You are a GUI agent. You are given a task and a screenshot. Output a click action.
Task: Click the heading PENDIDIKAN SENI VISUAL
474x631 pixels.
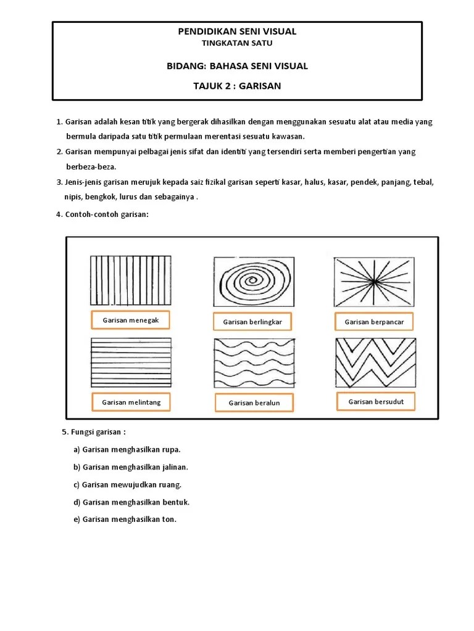coord(237,31)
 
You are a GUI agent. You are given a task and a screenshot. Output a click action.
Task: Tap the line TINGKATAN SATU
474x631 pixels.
coord(237,43)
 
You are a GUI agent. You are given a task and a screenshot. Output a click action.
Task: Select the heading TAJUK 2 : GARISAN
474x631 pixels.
coord(237,86)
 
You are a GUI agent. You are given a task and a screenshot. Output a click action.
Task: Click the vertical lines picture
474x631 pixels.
coord(131,280)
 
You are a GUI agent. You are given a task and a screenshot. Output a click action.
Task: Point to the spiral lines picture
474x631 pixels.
coord(253,281)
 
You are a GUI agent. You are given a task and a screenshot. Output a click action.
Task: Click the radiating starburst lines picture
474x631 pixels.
coord(375,281)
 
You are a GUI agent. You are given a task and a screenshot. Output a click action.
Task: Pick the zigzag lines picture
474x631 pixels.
coord(375,362)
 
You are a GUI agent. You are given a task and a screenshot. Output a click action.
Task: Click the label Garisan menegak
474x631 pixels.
coord(131,320)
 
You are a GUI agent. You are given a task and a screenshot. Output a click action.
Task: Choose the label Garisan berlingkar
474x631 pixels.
coord(252,322)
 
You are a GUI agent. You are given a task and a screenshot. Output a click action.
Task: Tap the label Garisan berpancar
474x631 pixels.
coord(374,322)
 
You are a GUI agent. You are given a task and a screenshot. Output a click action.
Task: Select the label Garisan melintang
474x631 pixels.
coord(131,402)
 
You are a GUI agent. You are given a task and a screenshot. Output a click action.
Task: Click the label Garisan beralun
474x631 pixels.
coord(254,403)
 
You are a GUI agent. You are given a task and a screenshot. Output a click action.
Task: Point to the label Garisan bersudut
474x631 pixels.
coord(376,402)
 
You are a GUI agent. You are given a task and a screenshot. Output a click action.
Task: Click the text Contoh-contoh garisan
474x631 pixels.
coord(106,214)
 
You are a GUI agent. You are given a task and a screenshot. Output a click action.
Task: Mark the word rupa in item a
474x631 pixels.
coord(170,450)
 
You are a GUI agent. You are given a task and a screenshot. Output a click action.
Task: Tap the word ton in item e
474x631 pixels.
coord(168,519)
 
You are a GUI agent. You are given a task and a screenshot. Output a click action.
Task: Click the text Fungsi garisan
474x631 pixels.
coord(98,432)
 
